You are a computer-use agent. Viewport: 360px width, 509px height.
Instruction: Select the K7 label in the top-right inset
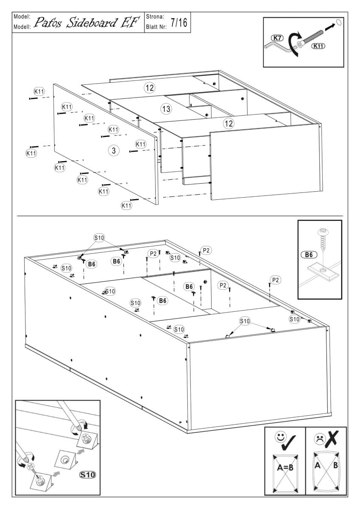(x=277, y=38)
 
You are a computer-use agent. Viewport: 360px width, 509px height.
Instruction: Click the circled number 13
(x=166, y=109)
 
